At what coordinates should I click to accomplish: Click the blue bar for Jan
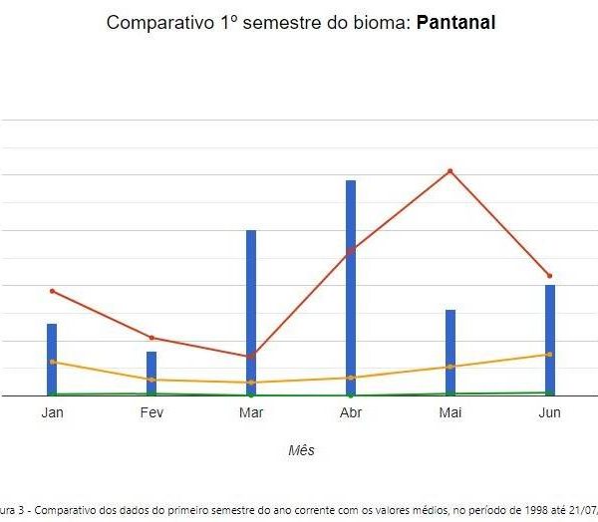coord(52,360)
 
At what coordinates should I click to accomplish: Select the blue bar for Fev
coord(151,374)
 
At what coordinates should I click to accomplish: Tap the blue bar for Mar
coord(251,313)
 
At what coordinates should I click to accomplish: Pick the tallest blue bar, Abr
coord(351,288)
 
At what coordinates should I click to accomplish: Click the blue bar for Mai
coord(450,353)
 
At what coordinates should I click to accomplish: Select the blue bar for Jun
coord(550,340)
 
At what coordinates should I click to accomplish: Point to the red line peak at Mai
coord(450,171)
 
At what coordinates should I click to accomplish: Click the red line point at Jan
coord(52,291)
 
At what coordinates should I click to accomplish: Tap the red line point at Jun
coord(550,276)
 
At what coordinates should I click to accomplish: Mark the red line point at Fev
coord(151,338)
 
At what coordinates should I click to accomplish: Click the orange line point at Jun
coord(550,355)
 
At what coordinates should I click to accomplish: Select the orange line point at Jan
coord(52,362)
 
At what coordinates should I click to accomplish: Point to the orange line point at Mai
coord(450,367)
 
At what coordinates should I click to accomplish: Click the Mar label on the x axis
coord(251,412)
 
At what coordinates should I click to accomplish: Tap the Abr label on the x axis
coord(351,412)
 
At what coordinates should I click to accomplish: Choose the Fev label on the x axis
coord(151,412)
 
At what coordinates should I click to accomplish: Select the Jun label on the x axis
coord(550,412)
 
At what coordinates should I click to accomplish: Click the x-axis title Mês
coord(301,450)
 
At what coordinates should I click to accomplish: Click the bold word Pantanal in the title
coord(454,22)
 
